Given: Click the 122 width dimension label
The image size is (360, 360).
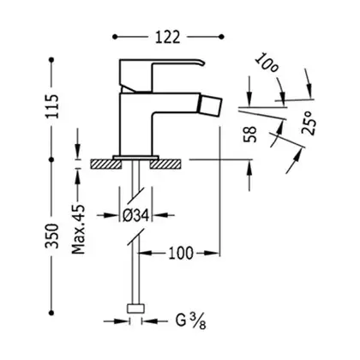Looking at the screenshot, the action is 168,37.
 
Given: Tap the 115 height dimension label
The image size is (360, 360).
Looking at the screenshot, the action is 52,106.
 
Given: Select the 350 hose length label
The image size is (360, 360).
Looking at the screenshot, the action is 52,236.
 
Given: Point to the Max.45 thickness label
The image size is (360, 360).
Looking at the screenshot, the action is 79,229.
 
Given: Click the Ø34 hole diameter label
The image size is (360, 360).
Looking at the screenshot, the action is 135,215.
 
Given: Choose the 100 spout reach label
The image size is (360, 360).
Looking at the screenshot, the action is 181,253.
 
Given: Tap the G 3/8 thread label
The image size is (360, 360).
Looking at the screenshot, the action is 190,321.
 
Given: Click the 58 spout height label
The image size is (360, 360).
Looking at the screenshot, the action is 250,134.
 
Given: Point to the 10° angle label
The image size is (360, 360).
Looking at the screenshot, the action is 266,63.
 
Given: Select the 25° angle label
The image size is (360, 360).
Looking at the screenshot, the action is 309,123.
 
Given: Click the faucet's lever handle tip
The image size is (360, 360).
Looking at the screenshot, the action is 203,63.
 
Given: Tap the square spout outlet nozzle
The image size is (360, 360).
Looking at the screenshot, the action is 211,105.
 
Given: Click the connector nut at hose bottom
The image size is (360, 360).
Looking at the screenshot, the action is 135,309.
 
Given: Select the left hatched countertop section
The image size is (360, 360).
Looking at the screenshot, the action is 105,164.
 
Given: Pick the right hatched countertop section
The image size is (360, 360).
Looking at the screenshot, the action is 165,164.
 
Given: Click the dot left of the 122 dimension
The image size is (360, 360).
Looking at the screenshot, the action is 115,37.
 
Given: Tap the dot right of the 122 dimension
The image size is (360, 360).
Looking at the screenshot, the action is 221,37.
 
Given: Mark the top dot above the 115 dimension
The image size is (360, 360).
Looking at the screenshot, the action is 51,60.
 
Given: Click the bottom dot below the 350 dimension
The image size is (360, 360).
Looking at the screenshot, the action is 51,313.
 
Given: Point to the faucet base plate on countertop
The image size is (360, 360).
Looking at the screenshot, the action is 135,158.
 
